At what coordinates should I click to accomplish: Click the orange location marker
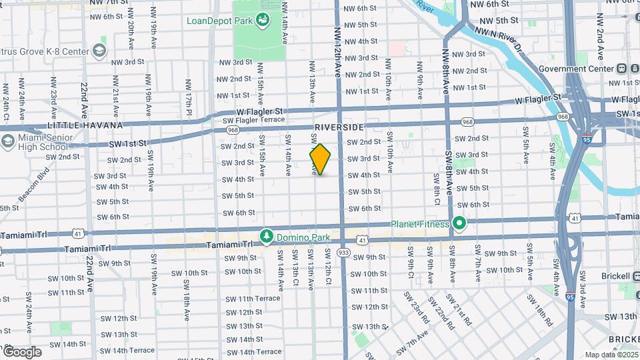pos(320,159)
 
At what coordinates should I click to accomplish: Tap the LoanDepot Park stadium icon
pos(263,20)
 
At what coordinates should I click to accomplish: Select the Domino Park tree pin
pos(267,237)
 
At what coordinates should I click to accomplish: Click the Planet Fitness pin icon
pos(459,224)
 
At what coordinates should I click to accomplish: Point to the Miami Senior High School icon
pos(8,141)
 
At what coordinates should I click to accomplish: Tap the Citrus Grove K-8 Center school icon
pos(99,51)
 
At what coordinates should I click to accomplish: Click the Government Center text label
pos(575,69)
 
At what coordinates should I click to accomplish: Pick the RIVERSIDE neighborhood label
pos(339,127)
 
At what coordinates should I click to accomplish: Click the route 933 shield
pos(343,253)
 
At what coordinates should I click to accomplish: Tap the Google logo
pos(22,351)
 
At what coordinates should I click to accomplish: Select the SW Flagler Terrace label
pos(253,121)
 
